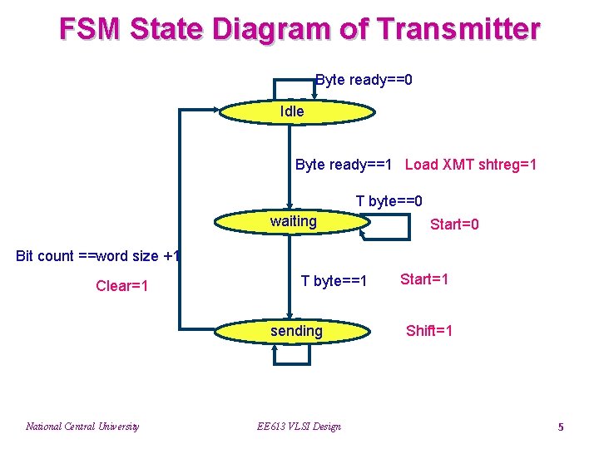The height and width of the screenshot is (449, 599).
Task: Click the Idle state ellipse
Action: (295, 111)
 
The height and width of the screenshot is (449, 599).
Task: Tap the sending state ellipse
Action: (293, 332)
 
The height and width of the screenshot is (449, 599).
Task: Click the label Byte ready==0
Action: (364, 81)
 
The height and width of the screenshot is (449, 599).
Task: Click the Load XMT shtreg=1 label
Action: (471, 165)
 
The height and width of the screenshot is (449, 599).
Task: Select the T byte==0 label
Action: (389, 201)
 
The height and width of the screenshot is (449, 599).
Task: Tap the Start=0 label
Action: (454, 225)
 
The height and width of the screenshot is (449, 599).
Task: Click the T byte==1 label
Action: (334, 281)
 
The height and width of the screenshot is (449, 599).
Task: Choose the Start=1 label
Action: (424, 279)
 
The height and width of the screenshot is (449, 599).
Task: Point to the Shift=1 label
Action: (429, 331)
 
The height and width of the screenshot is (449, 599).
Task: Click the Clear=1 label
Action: (122, 286)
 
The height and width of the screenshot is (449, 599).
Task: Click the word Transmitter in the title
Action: (458, 29)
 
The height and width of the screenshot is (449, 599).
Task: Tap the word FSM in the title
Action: (92, 29)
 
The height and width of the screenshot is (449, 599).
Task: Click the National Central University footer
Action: (82, 427)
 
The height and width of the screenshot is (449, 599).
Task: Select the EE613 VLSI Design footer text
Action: (298, 427)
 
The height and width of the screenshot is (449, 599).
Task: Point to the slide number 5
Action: (560, 427)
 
